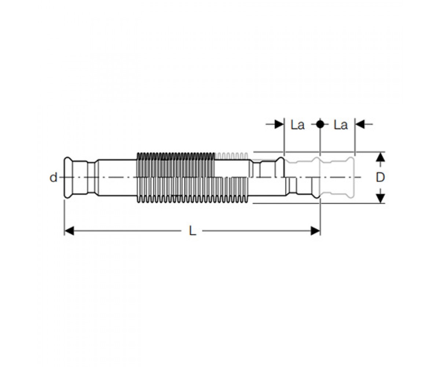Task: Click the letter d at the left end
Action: click(53, 177)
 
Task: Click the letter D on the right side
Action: click(380, 177)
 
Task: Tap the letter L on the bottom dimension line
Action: click(192, 230)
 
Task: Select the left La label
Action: click(298, 125)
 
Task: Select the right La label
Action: click(341, 125)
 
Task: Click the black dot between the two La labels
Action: click(320, 124)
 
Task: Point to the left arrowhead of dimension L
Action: click(69, 231)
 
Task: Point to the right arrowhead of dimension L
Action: click(315, 231)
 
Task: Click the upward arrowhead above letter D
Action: click(380, 157)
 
